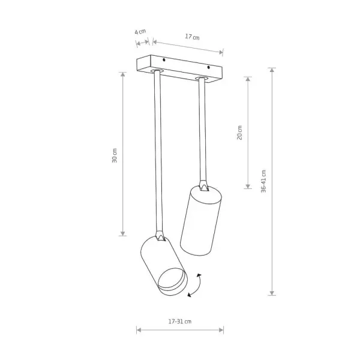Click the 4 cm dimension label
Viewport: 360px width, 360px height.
(x=140, y=32)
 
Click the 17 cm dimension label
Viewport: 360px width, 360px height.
(x=193, y=37)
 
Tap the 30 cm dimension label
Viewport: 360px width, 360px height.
(x=115, y=155)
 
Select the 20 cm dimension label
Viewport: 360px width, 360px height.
(x=239, y=133)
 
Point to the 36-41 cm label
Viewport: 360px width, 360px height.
(x=263, y=181)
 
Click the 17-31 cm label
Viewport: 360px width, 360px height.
(x=180, y=322)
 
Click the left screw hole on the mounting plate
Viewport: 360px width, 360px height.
(x=164, y=60)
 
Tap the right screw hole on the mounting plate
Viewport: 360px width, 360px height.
(x=208, y=67)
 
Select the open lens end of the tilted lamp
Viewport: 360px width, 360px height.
(x=172, y=281)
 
